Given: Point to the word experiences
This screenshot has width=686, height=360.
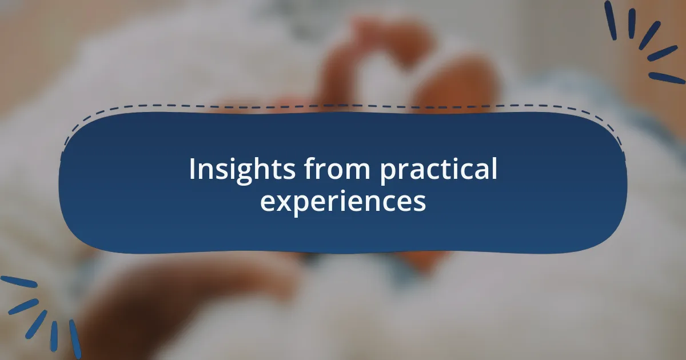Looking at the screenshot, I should pos(343,202).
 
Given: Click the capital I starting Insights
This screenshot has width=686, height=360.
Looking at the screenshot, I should pos(192,169).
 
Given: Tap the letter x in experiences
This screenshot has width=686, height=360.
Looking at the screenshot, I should pos(281,202).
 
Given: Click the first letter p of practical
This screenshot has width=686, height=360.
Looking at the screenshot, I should pos(388,172).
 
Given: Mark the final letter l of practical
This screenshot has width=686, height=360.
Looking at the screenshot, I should pos(494,169).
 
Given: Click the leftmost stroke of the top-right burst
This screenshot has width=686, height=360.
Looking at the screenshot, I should pos(611,20).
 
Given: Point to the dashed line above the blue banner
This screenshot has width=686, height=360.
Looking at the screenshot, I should pos(343,106).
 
